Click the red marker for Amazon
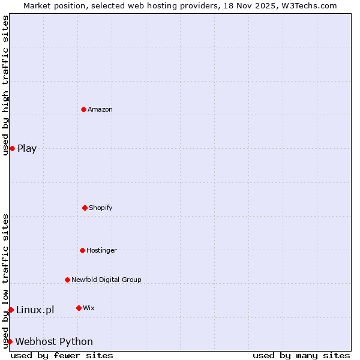point(83,109)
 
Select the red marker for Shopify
point(85,208)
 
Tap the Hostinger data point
point(82,250)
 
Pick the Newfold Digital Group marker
point(67,280)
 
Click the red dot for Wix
point(79,308)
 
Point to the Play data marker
point(12,148)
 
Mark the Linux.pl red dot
point(11,310)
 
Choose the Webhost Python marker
point(10,341)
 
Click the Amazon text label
point(100,109)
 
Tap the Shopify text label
point(101,208)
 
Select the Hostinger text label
point(101,250)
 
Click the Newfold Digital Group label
point(106,280)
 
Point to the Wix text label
point(89,308)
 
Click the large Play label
point(27,148)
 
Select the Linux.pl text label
point(35,310)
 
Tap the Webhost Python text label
point(54,341)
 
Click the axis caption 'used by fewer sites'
point(62,355)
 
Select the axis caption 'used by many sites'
point(301,355)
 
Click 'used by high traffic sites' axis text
point(5,85)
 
